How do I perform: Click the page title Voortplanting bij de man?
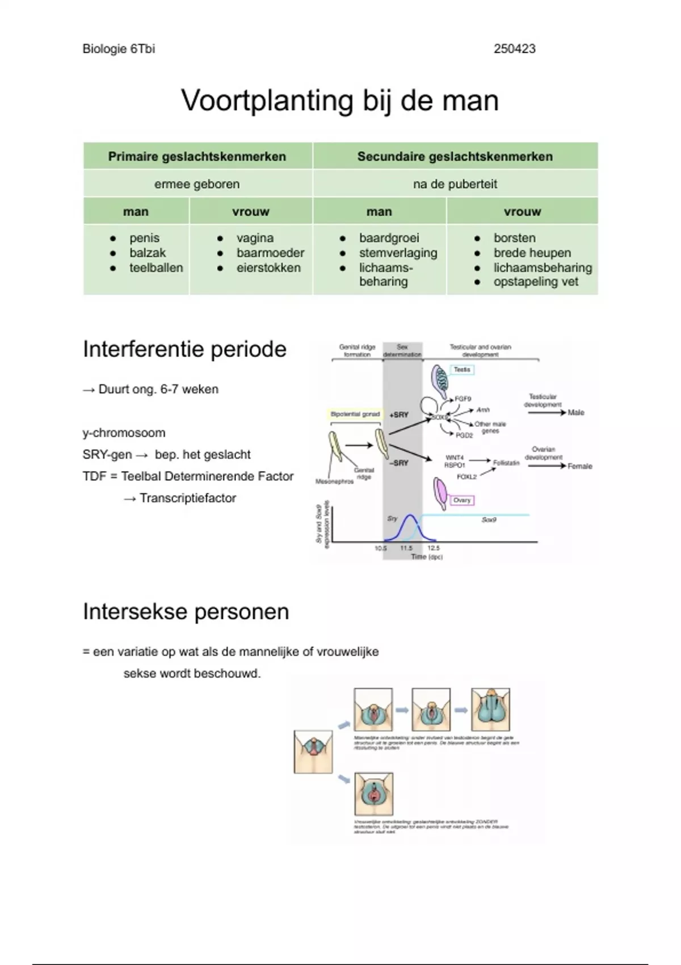pyautogui.click(x=340, y=100)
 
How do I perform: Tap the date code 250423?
pyautogui.click(x=514, y=49)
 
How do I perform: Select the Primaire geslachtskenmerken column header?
pyautogui.click(x=197, y=157)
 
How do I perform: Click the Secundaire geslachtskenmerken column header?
pyautogui.click(x=455, y=157)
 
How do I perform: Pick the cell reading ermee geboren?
pyautogui.click(x=197, y=184)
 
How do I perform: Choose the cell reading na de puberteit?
pyautogui.click(x=455, y=184)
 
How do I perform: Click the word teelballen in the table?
pyautogui.click(x=156, y=268)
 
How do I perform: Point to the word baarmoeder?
pyautogui.click(x=270, y=253)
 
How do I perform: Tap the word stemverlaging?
pyautogui.click(x=398, y=253)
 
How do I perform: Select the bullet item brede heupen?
pyautogui.click(x=532, y=253)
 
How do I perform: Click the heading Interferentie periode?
pyautogui.click(x=184, y=349)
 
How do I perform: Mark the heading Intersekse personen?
pyautogui.click(x=186, y=612)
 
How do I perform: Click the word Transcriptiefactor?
pyautogui.click(x=187, y=498)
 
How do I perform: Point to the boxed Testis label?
pyautogui.click(x=462, y=370)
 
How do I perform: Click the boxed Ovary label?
pyautogui.click(x=462, y=500)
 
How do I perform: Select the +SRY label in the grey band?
pyautogui.click(x=399, y=415)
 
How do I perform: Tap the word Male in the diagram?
pyautogui.click(x=576, y=413)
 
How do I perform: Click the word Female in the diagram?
pyautogui.click(x=579, y=466)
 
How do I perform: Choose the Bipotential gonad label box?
pyautogui.click(x=355, y=414)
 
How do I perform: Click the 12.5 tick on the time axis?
pyautogui.click(x=434, y=548)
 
